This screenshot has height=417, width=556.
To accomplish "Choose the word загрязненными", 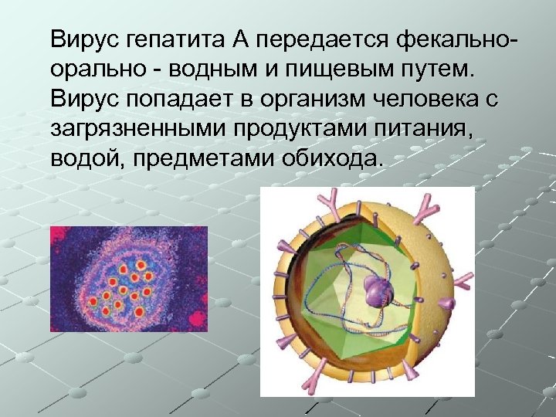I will click(137, 130).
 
